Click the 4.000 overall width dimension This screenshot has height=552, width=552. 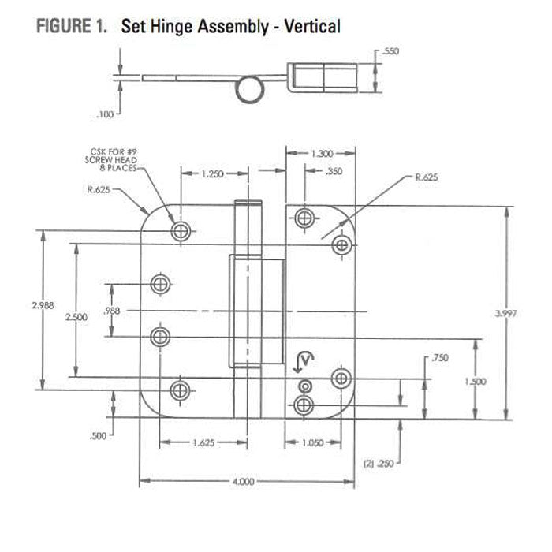click(x=244, y=481)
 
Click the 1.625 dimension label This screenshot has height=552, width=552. click(x=203, y=443)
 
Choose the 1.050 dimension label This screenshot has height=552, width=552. click(x=313, y=443)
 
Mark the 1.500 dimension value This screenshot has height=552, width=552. click(x=476, y=381)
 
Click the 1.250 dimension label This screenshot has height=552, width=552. click(x=211, y=173)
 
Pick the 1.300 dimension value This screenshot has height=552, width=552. click(x=322, y=154)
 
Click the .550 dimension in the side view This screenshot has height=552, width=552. click(x=390, y=51)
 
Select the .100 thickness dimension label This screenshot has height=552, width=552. click(x=105, y=115)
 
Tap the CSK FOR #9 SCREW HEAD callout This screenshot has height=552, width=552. click(x=114, y=158)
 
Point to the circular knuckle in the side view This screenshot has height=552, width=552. click(x=249, y=88)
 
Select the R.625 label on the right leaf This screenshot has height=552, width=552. click(x=426, y=178)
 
